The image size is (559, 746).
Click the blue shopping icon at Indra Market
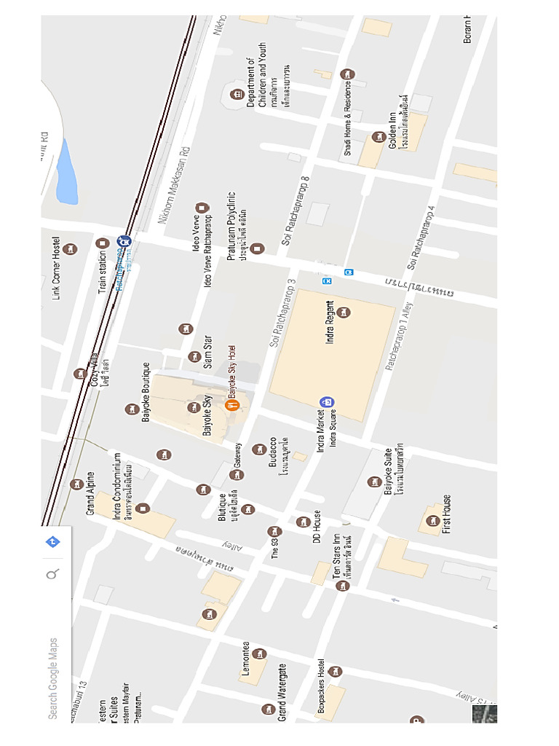pyautogui.click(x=327, y=401)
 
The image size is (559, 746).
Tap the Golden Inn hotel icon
pyautogui.click(x=378, y=137)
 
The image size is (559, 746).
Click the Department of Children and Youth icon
pyautogui.click(x=236, y=95)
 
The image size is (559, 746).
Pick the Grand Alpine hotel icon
pyautogui.click(x=76, y=484)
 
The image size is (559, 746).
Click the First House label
pyautogui.click(x=446, y=514)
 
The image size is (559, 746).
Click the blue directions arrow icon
pyautogui.click(x=52, y=542)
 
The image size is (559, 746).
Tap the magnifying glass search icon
pyautogui.click(x=52, y=575)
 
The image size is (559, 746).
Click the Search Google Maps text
pyautogui.click(x=52, y=678)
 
